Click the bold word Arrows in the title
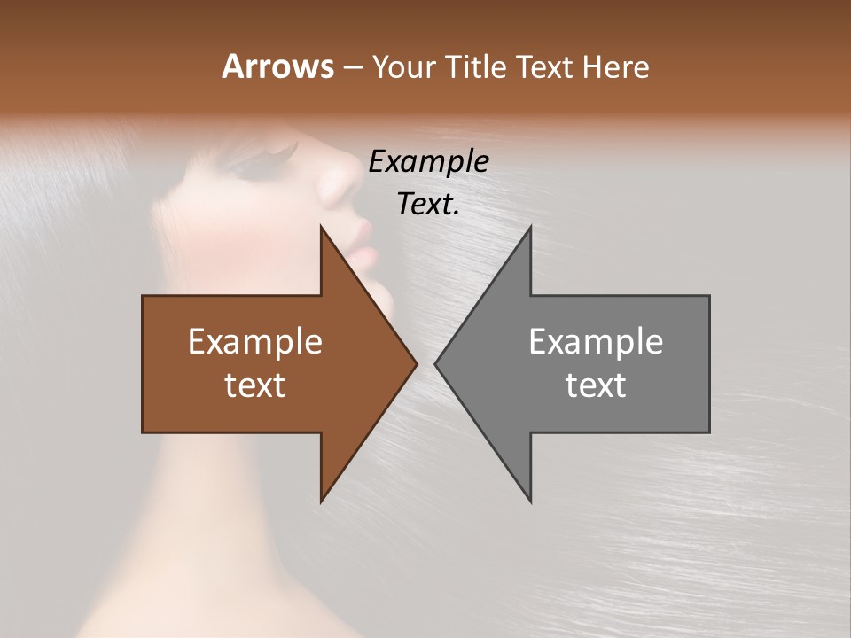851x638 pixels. [277, 66]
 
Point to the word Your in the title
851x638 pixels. [402, 66]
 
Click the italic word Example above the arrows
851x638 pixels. [428, 162]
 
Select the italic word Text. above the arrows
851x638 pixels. [428, 205]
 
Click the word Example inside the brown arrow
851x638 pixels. [255, 342]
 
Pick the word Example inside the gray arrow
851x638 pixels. [596, 342]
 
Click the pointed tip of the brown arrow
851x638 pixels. [415, 363]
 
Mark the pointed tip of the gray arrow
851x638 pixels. [437, 363]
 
